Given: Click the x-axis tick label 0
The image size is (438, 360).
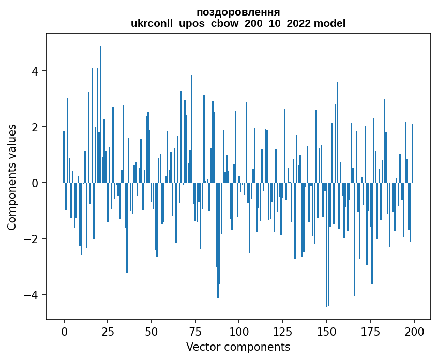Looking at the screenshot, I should point(64,332).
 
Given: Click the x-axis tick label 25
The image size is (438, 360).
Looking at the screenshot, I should point(108,332).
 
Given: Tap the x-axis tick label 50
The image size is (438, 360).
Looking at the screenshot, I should point(152,332).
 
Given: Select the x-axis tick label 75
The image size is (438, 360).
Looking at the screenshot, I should point(195,332).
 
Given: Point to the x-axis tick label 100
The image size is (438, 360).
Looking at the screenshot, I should point(239,332).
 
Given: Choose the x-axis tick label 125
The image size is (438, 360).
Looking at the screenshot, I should point(282,332).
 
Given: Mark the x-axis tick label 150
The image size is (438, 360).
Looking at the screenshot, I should point(326,332).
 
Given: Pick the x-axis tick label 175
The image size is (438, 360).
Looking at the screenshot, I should point(370,332).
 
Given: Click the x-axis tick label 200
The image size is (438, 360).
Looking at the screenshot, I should point(414,332).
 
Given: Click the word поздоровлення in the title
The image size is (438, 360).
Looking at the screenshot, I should point(238,12).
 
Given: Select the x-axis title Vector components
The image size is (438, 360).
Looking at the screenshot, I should point(238,347).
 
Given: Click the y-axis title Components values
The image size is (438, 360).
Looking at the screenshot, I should point(12,177).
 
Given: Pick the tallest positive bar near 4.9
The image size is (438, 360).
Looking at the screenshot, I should point(101,114).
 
